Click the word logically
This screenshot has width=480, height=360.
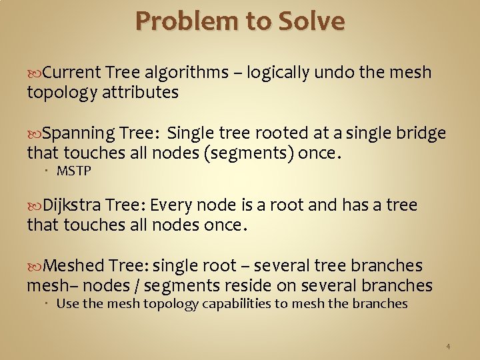click(278, 72)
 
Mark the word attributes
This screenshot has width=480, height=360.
click(140, 93)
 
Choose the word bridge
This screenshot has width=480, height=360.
click(421, 133)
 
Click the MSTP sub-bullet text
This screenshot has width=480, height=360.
click(73, 171)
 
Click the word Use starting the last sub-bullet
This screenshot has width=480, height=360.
click(67, 304)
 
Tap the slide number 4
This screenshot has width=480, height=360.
click(448, 347)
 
